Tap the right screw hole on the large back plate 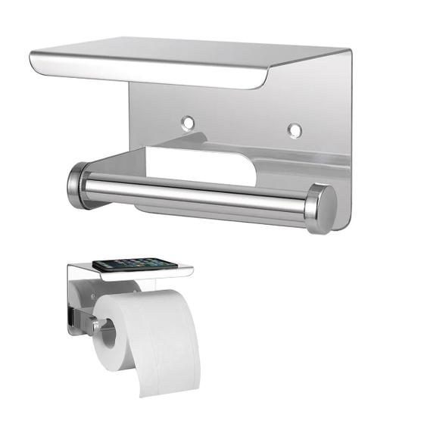[295, 129]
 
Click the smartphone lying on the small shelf [135, 263]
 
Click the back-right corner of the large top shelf [349, 51]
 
